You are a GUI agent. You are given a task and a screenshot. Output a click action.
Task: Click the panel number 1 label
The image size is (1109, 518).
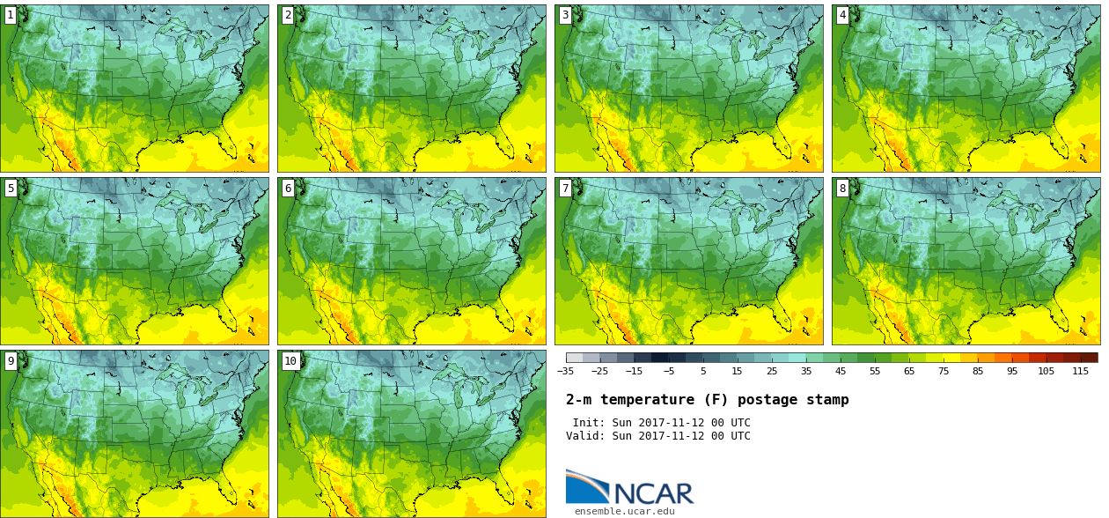coord(11,15)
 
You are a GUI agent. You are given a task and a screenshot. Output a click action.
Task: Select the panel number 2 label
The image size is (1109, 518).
coord(288,15)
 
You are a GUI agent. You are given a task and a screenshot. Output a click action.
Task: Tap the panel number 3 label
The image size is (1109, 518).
coord(565,15)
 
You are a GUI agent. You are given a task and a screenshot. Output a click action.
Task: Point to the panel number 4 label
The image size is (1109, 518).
coord(842,15)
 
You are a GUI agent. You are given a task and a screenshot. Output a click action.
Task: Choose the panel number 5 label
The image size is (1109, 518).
coord(11,188)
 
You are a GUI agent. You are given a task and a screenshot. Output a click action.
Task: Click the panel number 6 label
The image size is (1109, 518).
coord(288,188)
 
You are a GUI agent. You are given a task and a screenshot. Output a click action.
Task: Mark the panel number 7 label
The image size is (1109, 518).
coord(565,188)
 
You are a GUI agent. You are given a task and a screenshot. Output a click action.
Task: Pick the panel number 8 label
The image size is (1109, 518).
coord(842,188)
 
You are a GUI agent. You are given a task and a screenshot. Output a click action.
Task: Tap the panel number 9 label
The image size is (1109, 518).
coord(11,360)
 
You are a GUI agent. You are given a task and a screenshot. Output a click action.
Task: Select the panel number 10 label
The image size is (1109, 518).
coord(290,360)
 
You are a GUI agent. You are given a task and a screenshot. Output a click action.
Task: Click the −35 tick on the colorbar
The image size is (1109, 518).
coord(566,371)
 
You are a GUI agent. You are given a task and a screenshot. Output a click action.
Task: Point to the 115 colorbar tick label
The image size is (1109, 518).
coord(1081,371)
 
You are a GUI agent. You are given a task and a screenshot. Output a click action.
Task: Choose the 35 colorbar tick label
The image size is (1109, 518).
coord(806,371)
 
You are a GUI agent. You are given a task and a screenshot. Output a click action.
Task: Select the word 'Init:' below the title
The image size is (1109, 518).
coord(589,423)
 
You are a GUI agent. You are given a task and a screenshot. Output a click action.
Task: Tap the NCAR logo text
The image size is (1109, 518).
coord(653,493)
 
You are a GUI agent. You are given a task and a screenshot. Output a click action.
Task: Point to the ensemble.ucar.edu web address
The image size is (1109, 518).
coord(625,511)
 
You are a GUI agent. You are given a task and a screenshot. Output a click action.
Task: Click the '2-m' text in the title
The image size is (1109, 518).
coord(578,400)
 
